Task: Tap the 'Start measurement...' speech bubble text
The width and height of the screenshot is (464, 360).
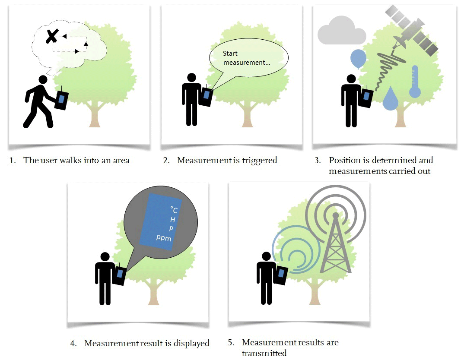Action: [246, 58]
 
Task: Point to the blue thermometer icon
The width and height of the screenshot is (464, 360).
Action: [415, 82]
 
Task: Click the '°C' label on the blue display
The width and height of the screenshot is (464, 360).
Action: [174, 210]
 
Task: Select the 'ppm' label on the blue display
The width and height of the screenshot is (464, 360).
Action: [164, 238]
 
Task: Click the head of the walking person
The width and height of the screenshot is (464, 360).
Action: [42, 80]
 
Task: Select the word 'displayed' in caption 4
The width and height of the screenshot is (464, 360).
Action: [192, 344]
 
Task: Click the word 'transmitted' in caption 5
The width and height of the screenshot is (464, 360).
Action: [264, 353]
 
